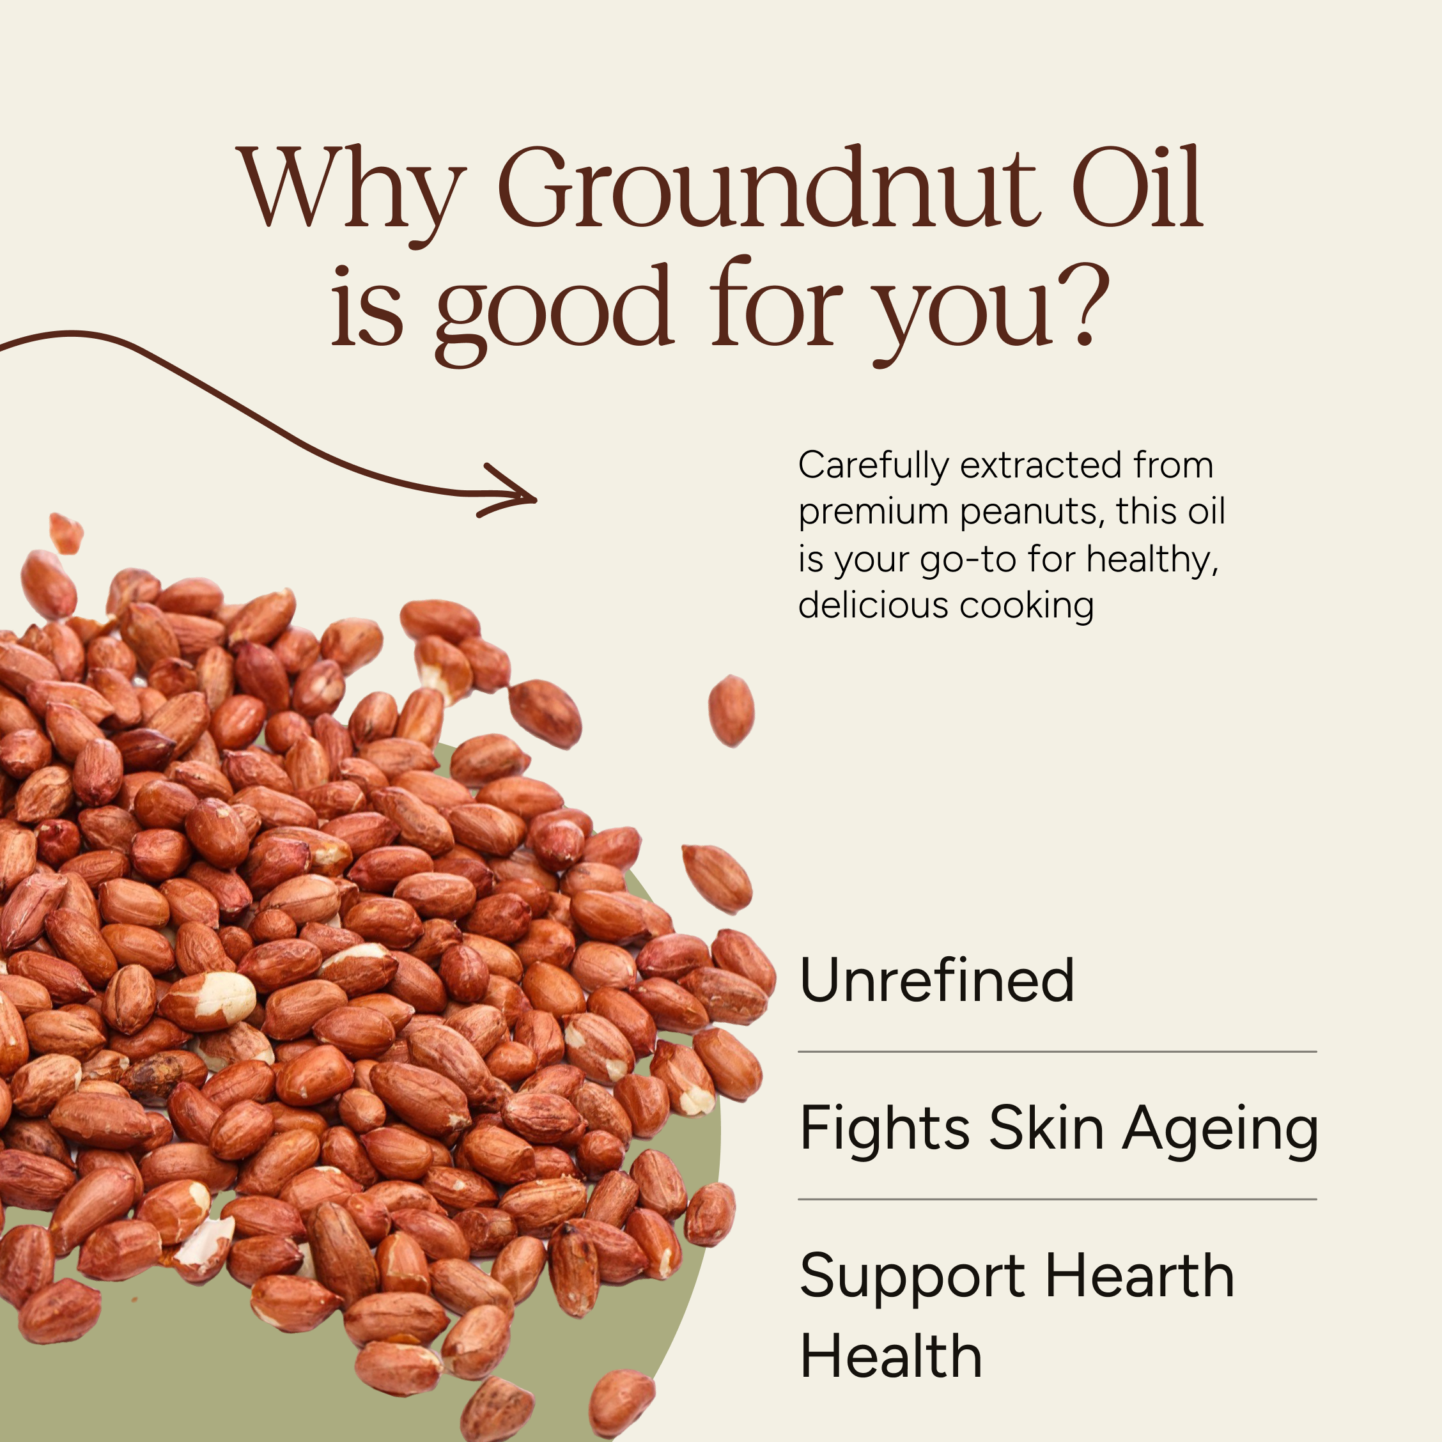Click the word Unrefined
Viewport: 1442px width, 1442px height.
(936, 980)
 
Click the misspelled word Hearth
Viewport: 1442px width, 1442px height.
(1140, 1276)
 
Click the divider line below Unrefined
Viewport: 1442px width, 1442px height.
(1057, 1051)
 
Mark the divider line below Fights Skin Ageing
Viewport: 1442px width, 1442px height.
(1057, 1199)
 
